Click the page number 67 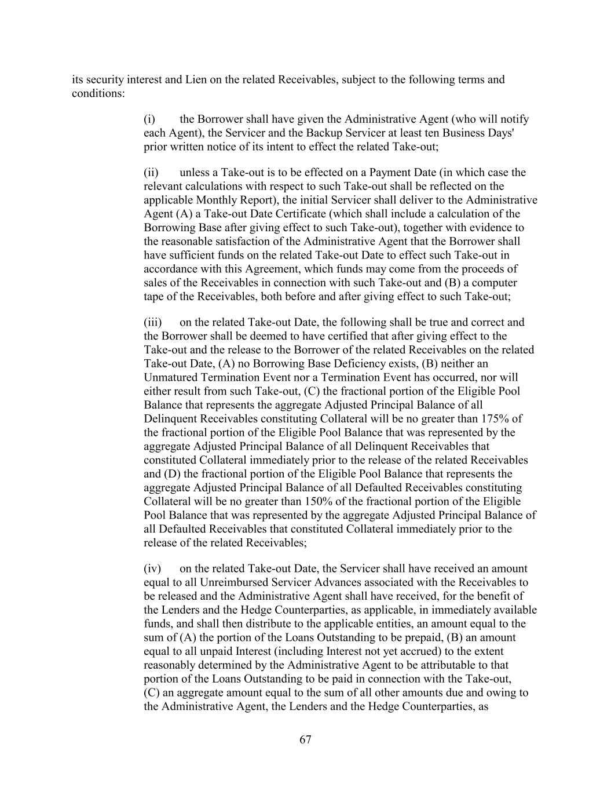pyautogui.click(x=306, y=739)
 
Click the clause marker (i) pyautogui.click(x=149, y=119)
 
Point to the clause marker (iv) pyautogui.click(x=152, y=568)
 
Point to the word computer pyautogui.click(x=494, y=283)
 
